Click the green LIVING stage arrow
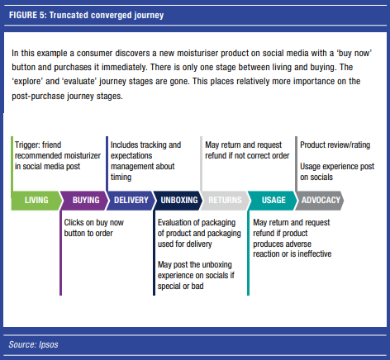point(36,201)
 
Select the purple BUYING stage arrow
point(84,201)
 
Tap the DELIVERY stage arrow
point(131,201)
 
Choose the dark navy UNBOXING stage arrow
point(178,201)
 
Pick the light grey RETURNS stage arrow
point(225,201)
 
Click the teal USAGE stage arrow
point(273,201)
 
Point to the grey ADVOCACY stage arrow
point(320,201)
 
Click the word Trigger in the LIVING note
point(26,145)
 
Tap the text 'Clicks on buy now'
point(94,222)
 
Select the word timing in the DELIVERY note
point(121,178)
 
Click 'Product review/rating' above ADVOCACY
point(335,145)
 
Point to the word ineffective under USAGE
point(315,253)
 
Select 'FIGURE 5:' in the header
point(28,15)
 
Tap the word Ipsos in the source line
point(49,344)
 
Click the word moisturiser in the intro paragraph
point(197,53)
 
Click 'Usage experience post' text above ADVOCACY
point(337,167)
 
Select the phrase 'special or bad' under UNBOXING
point(181,287)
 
